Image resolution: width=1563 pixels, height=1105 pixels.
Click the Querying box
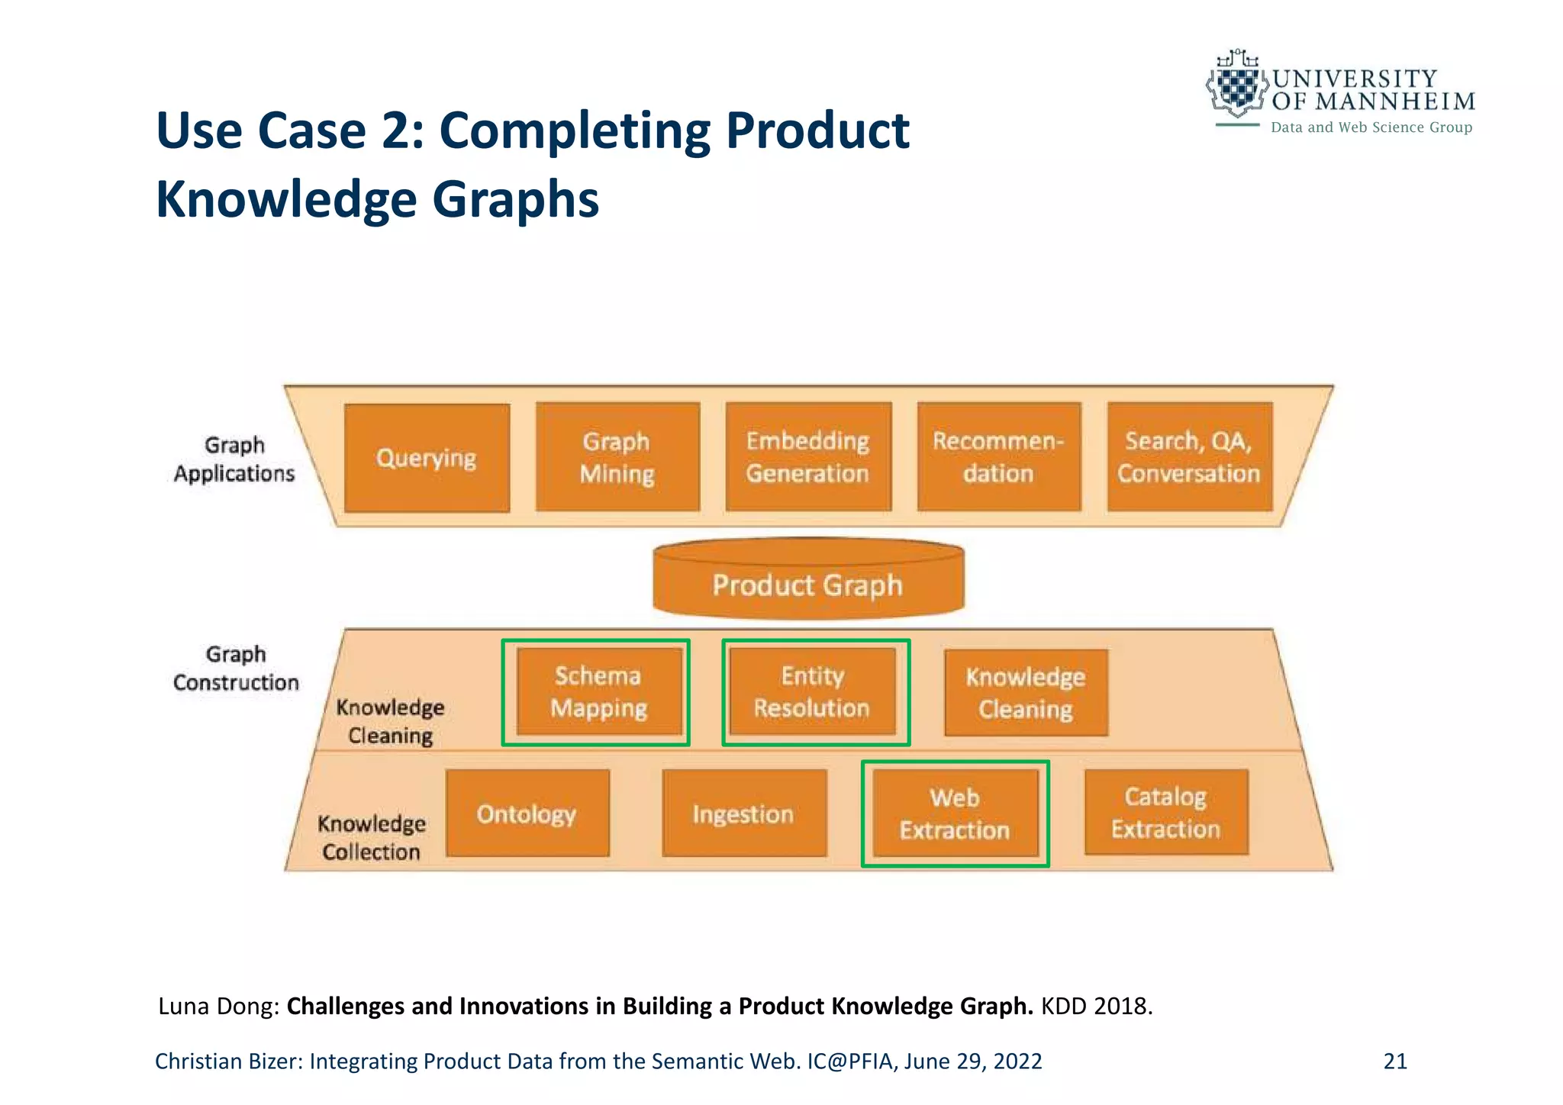427,458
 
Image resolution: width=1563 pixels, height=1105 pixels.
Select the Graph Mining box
617,457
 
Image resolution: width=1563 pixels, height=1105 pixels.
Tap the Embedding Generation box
808,457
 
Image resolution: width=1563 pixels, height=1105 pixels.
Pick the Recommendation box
999,457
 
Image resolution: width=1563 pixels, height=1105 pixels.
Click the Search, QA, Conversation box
1189,457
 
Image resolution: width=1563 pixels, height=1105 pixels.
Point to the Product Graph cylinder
808,584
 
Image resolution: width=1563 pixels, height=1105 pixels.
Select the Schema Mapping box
598,692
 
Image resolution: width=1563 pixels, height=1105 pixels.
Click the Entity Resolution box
812,692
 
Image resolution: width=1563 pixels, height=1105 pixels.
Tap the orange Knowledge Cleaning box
1026,693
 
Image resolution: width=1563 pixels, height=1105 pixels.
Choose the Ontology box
527,813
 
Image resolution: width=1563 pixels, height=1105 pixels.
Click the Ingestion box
744,813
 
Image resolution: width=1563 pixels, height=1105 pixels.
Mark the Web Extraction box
955,813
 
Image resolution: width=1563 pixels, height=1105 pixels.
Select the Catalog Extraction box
1166,813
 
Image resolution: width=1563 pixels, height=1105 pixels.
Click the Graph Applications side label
234,459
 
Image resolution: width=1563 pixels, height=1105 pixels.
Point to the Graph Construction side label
236,668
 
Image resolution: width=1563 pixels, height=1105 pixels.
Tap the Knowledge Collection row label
372,838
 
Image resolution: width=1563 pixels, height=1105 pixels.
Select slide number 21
1395,1061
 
